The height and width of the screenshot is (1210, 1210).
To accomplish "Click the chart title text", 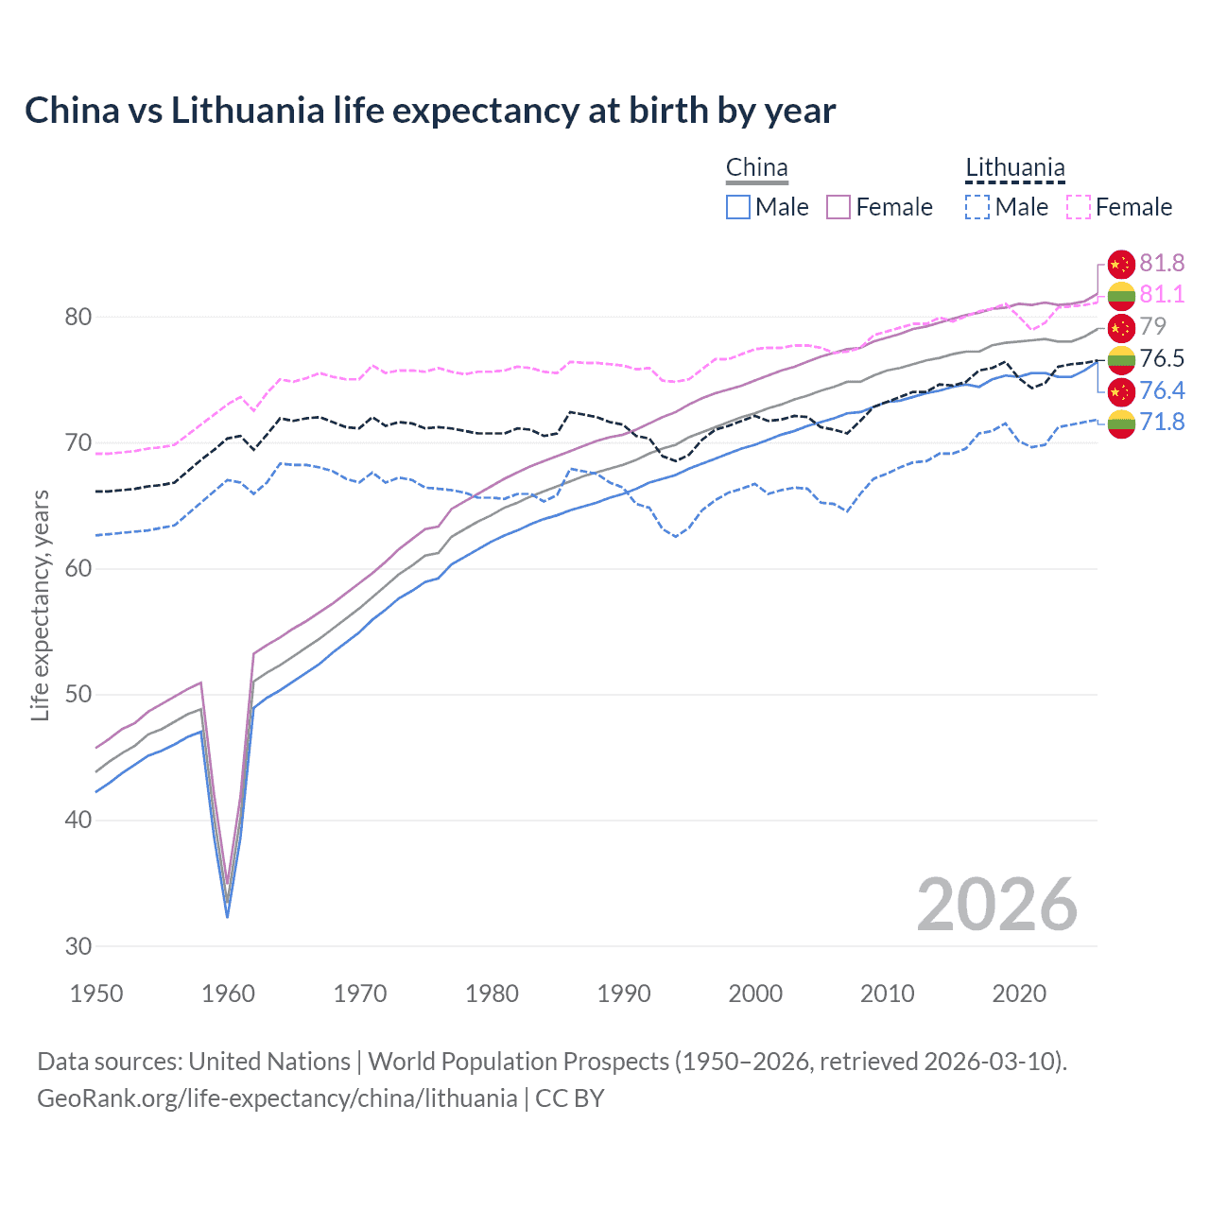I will [430, 111].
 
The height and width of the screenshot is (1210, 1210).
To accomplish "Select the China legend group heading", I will [756, 168].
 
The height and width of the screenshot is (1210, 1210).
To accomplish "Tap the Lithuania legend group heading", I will [1014, 168].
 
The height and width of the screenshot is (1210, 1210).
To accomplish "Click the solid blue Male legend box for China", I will [738, 207].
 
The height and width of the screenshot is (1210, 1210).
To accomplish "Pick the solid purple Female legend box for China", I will [838, 207].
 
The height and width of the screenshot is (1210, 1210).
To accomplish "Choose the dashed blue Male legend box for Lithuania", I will [977, 207].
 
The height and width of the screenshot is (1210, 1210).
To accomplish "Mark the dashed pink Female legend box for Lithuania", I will [1079, 207].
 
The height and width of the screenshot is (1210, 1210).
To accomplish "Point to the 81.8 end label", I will [1162, 263].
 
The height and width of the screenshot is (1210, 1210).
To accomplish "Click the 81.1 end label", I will [1162, 295].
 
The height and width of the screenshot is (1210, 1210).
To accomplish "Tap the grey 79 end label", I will [1152, 326].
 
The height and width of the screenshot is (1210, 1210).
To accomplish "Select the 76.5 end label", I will [1162, 358].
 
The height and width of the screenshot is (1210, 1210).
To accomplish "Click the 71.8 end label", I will [1162, 422].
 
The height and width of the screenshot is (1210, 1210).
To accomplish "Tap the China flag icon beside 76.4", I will [1121, 390].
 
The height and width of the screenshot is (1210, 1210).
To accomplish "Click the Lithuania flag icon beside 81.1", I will [1121, 295].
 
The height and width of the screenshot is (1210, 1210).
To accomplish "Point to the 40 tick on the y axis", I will [78, 820].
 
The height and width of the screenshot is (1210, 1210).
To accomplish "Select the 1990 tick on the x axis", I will [624, 994].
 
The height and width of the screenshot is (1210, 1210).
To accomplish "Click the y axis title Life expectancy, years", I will [40, 605].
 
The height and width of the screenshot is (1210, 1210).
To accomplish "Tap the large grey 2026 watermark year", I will [997, 905].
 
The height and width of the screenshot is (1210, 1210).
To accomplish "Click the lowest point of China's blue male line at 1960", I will [227, 917].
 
